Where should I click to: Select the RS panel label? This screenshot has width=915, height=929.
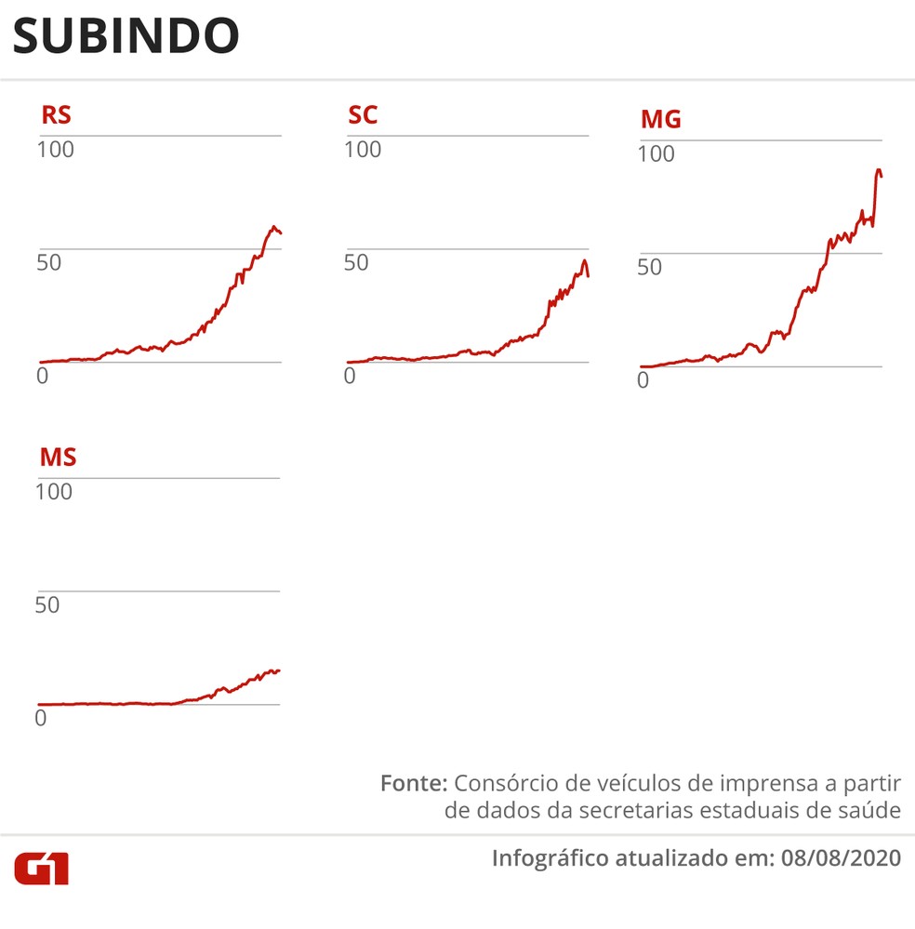click(x=55, y=116)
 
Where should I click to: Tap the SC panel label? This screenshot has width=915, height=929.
click(x=363, y=116)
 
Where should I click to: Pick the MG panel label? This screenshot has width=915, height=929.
click(x=660, y=120)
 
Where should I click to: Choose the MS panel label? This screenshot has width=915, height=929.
click(x=58, y=458)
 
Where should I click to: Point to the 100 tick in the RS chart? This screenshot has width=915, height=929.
click(x=55, y=149)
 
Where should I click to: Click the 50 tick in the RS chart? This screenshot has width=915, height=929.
click(x=48, y=262)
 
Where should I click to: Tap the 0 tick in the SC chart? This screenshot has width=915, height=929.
click(x=350, y=376)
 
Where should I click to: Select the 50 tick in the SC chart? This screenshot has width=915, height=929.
click(x=356, y=262)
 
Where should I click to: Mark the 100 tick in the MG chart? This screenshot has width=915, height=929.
click(x=656, y=154)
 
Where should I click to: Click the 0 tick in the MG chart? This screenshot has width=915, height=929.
click(x=643, y=380)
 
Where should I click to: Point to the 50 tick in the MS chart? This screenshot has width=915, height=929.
click(x=47, y=605)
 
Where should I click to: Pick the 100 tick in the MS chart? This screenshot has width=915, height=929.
click(x=54, y=491)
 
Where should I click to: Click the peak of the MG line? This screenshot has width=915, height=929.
click(x=878, y=170)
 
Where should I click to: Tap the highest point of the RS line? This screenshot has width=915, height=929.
click(x=273, y=226)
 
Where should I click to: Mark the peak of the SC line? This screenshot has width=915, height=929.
click(x=584, y=260)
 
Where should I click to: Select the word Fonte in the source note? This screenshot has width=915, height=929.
click(x=414, y=783)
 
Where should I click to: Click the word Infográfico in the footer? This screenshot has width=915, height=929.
click(x=550, y=857)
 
